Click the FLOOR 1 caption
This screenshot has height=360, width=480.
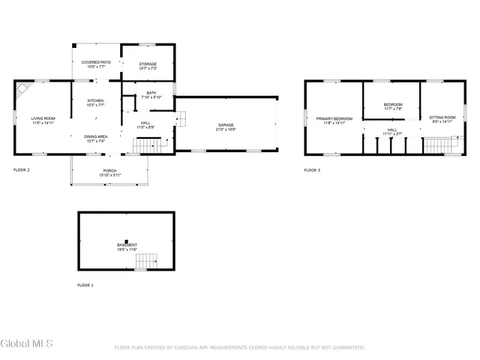coord(86,286)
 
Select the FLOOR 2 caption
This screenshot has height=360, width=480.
coord(22,170)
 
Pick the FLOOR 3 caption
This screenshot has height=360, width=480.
coord(312,170)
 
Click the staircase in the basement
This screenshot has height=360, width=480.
coord(146,262)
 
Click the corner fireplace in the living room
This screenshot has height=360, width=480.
coord(24,90)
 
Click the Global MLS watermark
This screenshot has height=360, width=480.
coord(26,344)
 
